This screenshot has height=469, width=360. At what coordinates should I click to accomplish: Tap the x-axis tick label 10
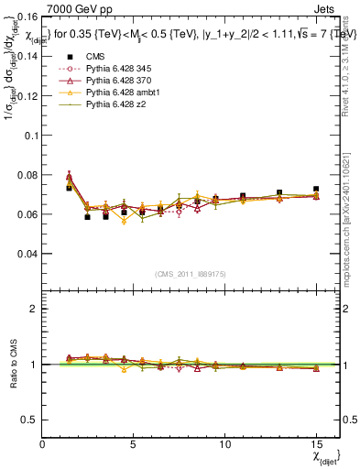pos(224,444)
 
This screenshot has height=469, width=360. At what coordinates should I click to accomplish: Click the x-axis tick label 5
pos(134,444)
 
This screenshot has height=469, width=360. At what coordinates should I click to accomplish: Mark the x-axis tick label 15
pos(316,444)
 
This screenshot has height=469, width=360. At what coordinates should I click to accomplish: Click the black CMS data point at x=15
pos(316,190)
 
